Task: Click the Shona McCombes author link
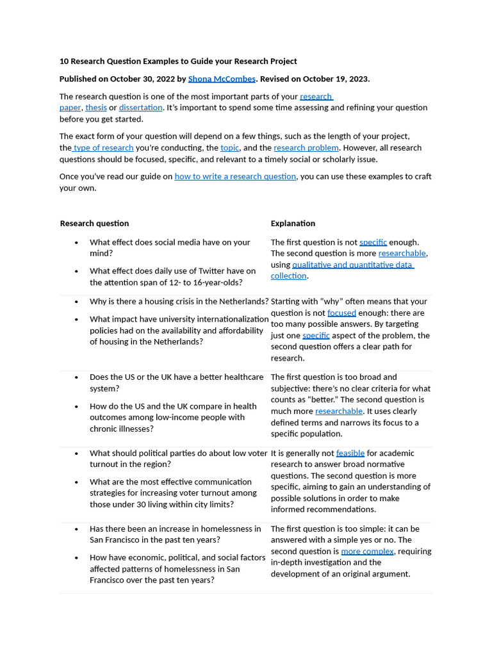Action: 222,79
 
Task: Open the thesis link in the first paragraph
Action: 96,108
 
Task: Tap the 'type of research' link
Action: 103,148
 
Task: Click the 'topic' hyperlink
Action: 229,148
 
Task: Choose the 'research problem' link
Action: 306,148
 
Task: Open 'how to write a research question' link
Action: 235,176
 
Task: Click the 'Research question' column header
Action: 94,224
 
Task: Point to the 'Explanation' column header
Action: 293,224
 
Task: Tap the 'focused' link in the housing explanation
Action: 341,313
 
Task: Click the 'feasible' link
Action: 350,454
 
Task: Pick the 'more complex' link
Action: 367,552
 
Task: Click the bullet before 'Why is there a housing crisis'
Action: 76,302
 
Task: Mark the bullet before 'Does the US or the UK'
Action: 76,377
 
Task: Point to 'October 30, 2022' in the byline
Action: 142,79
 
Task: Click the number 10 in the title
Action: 64,61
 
